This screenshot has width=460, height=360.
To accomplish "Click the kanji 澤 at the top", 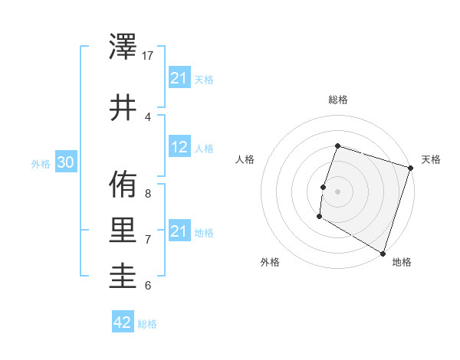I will tap(123, 47).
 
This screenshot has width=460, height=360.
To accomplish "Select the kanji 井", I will tap(123, 107).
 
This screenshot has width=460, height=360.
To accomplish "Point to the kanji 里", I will tap(123, 231).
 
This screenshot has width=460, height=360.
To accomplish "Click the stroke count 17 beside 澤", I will tap(148, 55).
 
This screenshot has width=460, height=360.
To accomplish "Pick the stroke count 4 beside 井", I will tap(148, 116).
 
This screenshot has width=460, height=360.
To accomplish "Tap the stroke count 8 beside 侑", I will tap(148, 193).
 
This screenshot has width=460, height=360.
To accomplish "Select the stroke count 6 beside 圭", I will tap(148, 286).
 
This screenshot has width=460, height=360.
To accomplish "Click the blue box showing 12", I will tap(179, 148).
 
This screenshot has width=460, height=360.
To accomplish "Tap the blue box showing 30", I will tap(65, 162).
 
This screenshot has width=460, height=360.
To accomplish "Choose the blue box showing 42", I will tap(123, 322).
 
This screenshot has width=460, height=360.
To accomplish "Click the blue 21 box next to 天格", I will tap(179, 78).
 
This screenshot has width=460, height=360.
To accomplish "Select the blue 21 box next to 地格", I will tap(179, 231).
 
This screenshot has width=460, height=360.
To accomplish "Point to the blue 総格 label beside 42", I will tap(147, 324).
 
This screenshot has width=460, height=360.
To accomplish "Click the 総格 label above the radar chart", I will tap(337, 100).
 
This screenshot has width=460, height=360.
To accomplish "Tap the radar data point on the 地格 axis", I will tap(382, 252).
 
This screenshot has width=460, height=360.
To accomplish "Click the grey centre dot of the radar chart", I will tap(337, 191).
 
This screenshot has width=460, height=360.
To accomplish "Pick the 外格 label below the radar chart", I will tap(270, 262).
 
